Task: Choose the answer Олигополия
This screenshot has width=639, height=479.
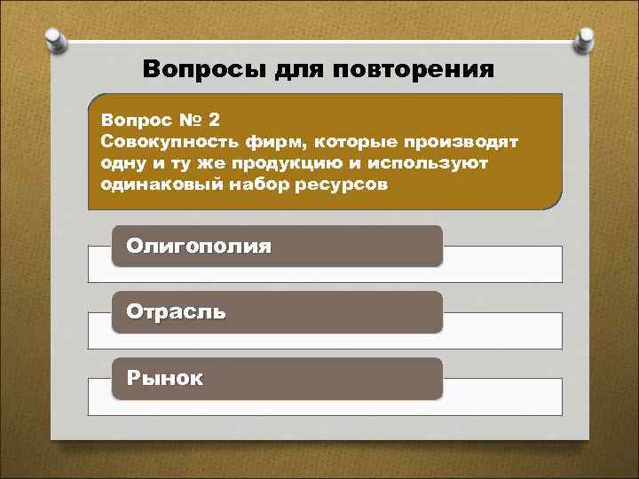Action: [x=199, y=246]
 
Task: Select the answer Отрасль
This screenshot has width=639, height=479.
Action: [x=176, y=311]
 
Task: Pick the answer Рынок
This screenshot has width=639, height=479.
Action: [x=165, y=378]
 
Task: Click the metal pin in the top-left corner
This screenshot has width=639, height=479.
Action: [x=52, y=39]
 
